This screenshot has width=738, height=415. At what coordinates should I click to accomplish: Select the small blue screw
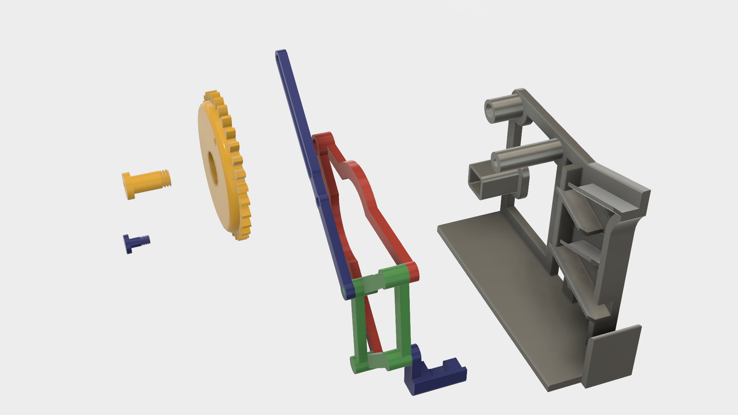(x=136, y=242)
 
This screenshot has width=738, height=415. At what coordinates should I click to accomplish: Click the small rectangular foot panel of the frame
(x=611, y=355)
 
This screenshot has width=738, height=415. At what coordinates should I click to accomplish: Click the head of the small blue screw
(x=126, y=244)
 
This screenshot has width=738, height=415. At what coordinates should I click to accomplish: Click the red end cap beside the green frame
(x=413, y=271)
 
